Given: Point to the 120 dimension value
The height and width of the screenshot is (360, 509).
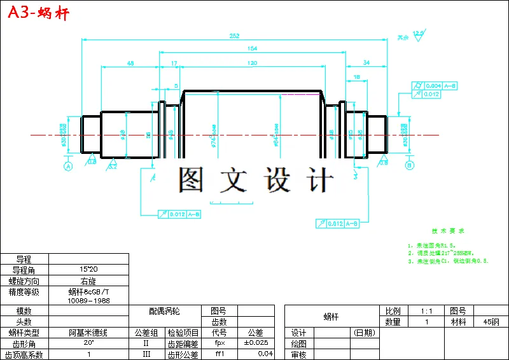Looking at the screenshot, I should (253, 63).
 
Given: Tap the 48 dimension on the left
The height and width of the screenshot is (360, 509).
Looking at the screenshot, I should (130, 63).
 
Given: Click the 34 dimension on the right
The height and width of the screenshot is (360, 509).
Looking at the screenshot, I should (366, 63).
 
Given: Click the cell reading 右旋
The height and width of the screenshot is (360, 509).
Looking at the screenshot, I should (88, 281).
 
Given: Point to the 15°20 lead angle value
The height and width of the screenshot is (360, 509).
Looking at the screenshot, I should (88, 270).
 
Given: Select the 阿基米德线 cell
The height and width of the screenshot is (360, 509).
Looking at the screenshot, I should (88, 333).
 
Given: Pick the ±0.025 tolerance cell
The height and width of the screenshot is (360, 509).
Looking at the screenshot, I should (256, 343).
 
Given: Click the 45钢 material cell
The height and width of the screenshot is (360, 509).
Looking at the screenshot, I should (491, 322).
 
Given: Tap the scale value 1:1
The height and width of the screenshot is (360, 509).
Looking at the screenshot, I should (426, 311).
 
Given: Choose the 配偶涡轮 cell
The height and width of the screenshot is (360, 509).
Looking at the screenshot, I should (165, 311).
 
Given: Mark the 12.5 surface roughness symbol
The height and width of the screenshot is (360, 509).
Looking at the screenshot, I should (418, 34).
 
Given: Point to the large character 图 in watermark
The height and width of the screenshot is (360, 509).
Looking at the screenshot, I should (191, 180).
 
